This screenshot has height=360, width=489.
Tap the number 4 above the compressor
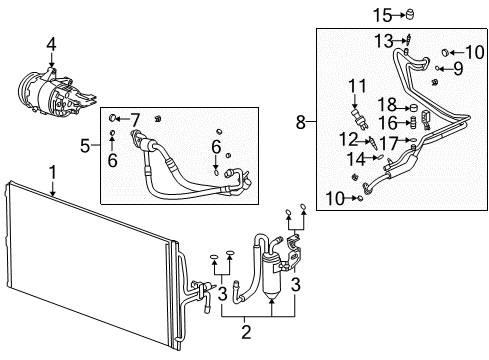52,42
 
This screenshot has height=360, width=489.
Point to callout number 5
86,147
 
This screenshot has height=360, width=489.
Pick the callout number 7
135,120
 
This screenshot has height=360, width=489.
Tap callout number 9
458,68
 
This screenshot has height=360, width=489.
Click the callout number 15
380,14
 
